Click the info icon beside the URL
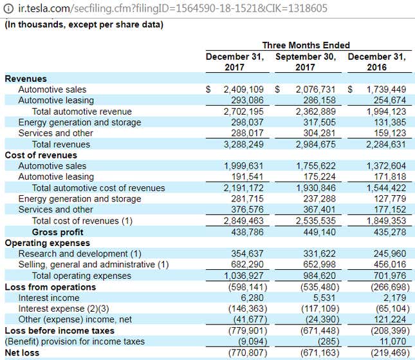tap(8, 8)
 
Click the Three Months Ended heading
tap(306, 45)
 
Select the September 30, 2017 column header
tap(306, 62)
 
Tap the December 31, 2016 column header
tap(376, 62)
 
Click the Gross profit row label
tap(57, 232)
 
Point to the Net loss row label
tap(22, 353)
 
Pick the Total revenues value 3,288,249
tap(243, 144)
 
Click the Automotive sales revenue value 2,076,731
tap(315, 90)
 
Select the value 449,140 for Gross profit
tap(320, 232)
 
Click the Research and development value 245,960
tap(390, 254)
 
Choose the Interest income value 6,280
tap(252, 298)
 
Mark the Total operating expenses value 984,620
tap(320, 276)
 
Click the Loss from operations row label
tap(50, 287)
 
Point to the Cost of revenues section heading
tap(41, 155)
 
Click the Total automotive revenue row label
tap(82, 111)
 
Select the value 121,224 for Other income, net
tap(390, 319)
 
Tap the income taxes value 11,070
tap(392, 341)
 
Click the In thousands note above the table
tap(84, 24)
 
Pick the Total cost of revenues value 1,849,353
tap(386, 221)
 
